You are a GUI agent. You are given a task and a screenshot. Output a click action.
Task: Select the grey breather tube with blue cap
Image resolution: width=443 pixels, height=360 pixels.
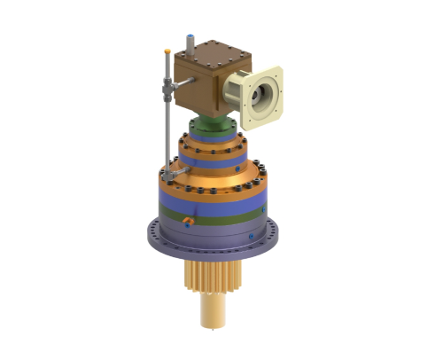189,43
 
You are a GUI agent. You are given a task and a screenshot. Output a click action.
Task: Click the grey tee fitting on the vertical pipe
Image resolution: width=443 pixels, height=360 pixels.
167,87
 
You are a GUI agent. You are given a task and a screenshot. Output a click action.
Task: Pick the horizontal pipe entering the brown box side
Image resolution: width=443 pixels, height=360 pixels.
179,85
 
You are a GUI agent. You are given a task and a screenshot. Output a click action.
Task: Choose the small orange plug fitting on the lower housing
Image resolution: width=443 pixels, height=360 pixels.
188,218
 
